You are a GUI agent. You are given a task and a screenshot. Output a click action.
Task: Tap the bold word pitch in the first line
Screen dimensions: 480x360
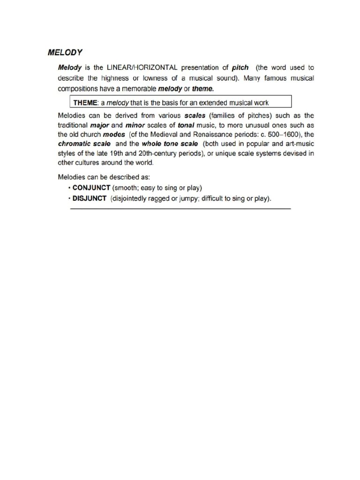tap(240, 67)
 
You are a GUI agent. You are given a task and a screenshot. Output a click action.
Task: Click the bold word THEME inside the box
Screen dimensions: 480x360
tap(83, 102)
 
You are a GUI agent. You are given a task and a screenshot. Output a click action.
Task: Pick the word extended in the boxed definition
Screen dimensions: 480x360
tap(217, 102)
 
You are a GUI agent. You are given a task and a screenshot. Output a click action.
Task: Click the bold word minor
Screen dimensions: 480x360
tap(135, 125)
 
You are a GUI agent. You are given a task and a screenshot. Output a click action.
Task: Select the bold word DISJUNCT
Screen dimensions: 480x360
tap(90, 198)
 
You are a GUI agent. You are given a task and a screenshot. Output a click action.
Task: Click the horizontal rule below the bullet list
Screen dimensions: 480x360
tap(180, 209)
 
